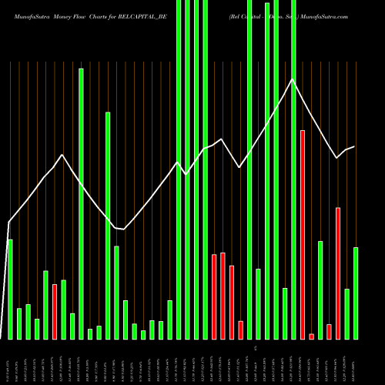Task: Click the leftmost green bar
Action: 10,290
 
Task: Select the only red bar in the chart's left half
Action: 55,312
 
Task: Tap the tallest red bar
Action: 303,235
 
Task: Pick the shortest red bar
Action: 311,336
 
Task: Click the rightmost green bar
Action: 356,293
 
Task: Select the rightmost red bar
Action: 338,273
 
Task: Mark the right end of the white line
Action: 354,146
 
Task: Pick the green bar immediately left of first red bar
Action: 45,305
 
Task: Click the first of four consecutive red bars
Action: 214,296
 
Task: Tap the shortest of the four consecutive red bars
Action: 240,330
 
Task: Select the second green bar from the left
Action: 19,323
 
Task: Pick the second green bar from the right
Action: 346,314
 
